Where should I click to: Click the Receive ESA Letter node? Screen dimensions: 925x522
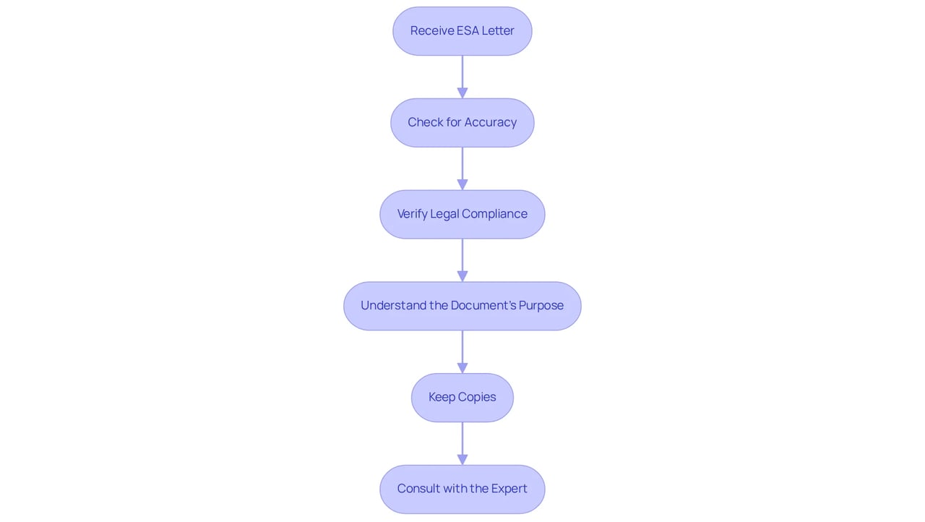462,31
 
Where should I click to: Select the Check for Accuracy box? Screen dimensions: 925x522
462,123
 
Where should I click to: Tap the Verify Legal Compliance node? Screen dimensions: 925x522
462,214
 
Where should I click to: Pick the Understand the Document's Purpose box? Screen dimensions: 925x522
462,306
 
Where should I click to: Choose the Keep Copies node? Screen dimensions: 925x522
462,398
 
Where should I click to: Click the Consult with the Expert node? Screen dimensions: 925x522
462,489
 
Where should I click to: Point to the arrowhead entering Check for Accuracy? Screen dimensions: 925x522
462,93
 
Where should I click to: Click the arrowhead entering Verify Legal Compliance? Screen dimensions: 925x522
462,184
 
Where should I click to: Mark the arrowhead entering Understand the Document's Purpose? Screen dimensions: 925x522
462,276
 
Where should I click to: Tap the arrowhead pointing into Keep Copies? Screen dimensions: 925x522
462,368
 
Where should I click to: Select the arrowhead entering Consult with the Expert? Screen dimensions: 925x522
462,460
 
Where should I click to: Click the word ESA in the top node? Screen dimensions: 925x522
468,30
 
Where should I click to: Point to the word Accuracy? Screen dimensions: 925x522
491,123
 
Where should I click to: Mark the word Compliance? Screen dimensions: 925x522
494,214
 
